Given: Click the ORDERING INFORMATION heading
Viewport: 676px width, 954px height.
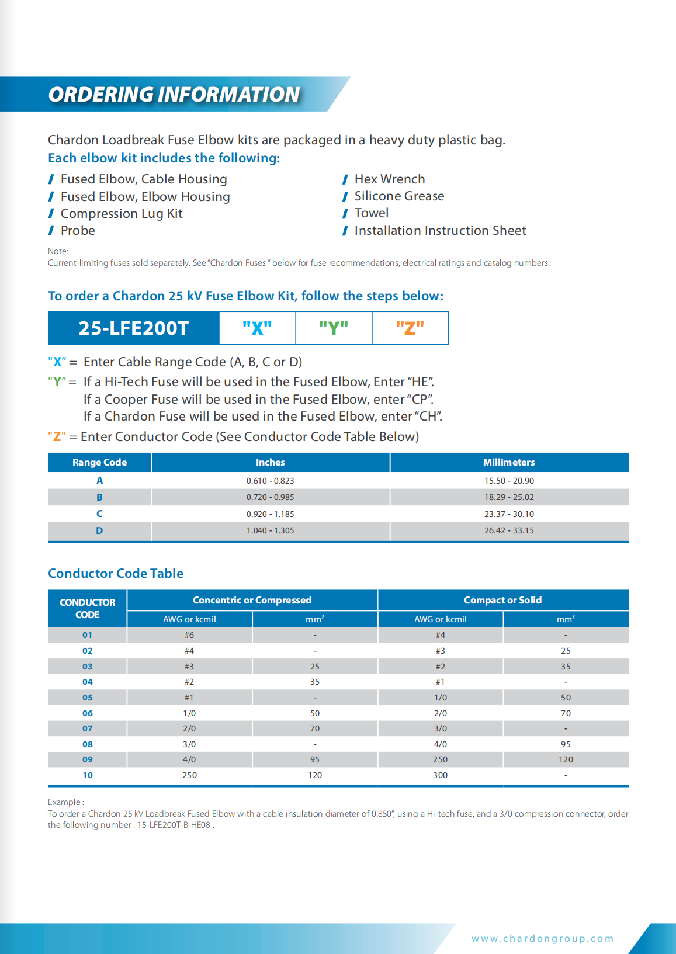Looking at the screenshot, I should click(174, 94).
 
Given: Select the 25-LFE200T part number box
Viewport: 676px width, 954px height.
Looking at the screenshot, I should click(134, 328).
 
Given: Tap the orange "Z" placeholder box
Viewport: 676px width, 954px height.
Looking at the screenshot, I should click(410, 328).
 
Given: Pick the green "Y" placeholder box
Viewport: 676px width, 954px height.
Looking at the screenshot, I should click(334, 328).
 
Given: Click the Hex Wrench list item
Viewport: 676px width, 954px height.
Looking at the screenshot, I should click(389, 179).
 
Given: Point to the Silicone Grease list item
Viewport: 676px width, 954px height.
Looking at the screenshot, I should click(399, 196).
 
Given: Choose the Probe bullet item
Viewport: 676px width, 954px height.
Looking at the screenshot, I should click(78, 231).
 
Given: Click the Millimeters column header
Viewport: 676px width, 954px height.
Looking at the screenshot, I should click(509, 462).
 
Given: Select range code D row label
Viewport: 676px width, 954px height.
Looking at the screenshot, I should click(99, 530).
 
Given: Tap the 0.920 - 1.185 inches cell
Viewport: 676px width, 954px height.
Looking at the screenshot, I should click(270, 514).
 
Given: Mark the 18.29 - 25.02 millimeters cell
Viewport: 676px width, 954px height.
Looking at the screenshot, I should click(509, 497).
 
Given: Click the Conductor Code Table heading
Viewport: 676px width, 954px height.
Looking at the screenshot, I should click(116, 573).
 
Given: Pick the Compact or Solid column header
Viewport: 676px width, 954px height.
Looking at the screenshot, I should click(502, 600).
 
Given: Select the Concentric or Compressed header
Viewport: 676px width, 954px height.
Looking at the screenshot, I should click(252, 600).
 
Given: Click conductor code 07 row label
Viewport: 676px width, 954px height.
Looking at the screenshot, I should click(88, 728).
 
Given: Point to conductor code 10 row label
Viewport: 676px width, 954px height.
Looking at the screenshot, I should click(88, 775).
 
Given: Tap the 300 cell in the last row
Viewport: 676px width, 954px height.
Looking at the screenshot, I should click(440, 775).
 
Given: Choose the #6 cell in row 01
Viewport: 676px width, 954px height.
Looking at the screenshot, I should click(189, 635).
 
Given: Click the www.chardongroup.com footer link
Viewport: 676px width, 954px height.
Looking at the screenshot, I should click(543, 938).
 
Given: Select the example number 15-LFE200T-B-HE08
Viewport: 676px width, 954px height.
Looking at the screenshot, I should click(174, 825).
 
